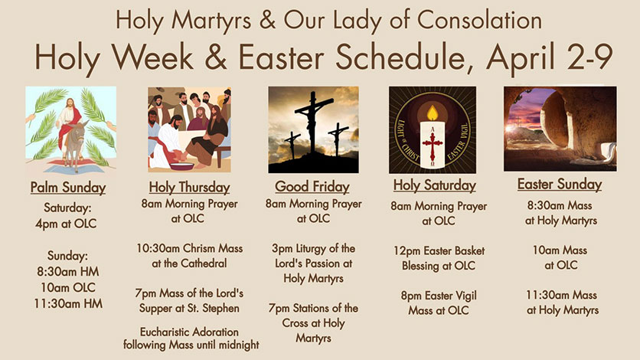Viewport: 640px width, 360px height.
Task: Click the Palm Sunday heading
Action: click(x=68, y=188)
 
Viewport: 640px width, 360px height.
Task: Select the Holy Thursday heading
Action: click(x=189, y=188)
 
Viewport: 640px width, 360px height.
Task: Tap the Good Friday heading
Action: click(x=312, y=187)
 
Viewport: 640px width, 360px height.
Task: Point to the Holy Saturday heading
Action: click(x=435, y=185)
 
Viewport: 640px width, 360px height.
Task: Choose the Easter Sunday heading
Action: click(x=560, y=184)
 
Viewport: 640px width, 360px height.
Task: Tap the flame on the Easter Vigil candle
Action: click(x=433, y=113)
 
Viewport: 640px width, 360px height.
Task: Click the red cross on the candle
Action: click(x=433, y=145)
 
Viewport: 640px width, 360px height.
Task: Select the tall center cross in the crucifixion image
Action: click(x=313, y=123)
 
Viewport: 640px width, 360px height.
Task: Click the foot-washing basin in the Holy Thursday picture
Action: click(x=182, y=166)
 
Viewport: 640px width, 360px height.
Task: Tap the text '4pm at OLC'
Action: click(x=66, y=224)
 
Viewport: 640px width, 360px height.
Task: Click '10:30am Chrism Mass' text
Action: click(x=189, y=248)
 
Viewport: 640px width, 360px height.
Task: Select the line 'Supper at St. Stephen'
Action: click(x=189, y=308)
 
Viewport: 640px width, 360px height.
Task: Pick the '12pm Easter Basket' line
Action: click(x=439, y=250)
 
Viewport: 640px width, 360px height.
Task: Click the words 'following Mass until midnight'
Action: click(x=191, y=345)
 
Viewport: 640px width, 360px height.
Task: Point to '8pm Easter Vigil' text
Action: click(x=439, y=296)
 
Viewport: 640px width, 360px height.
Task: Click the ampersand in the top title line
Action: click(x=267, y=20)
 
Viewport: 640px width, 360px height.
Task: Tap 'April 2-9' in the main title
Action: click(x=550, y=57)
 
